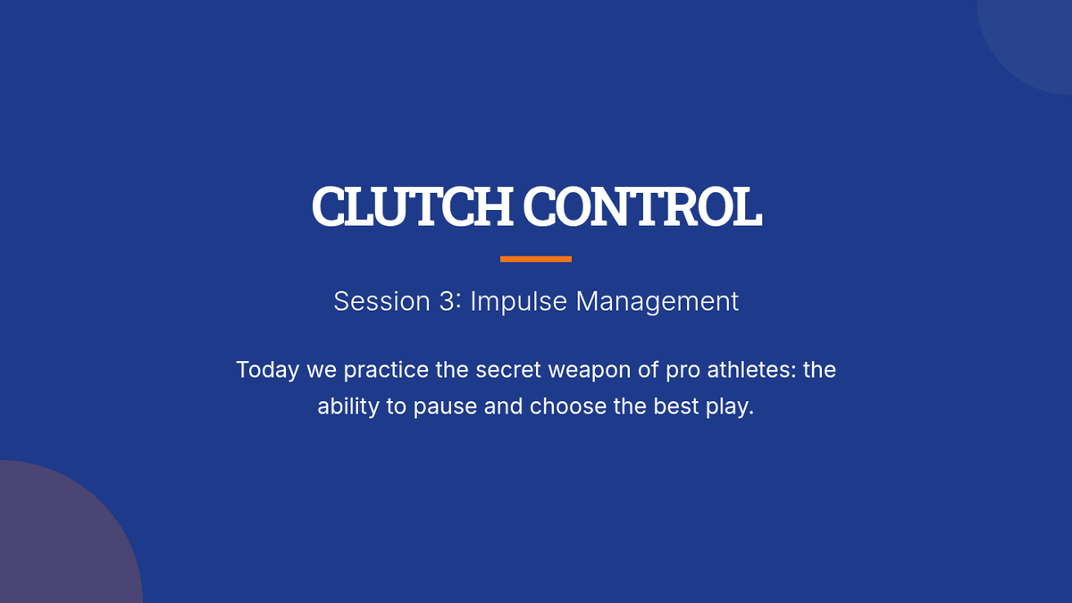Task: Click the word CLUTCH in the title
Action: coord(413,206)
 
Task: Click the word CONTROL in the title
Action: coord(642,206)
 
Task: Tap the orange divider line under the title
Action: coord(536,259)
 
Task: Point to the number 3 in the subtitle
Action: coord(447,302)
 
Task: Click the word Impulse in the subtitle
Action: coord(519,303)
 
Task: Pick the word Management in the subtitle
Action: coord(657,303)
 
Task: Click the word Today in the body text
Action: coord(267,371)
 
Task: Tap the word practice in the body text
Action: coord(386,371)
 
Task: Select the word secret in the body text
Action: coord(507,370)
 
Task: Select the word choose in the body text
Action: coord(568,406)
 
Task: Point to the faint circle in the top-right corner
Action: coord(1034,38)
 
